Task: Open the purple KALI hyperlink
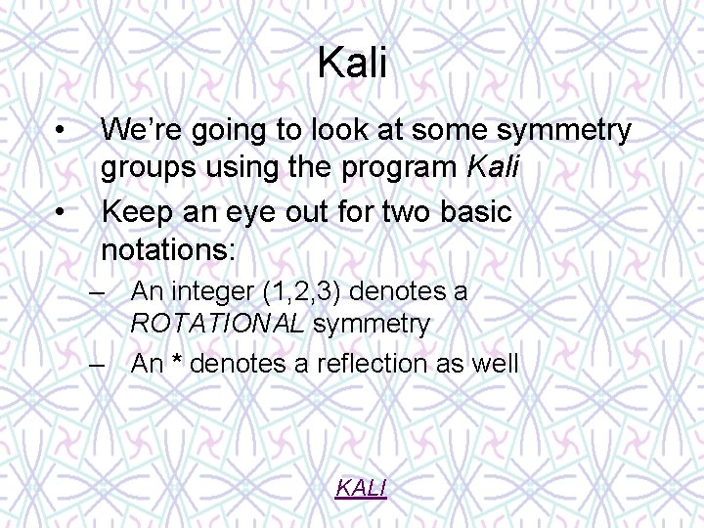coord(361,487)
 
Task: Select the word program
coord(401,169)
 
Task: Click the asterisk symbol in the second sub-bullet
coord(177,364)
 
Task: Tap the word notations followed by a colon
coord(168,250)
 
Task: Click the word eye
coord(250,210)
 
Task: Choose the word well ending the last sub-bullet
coord(495,364)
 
